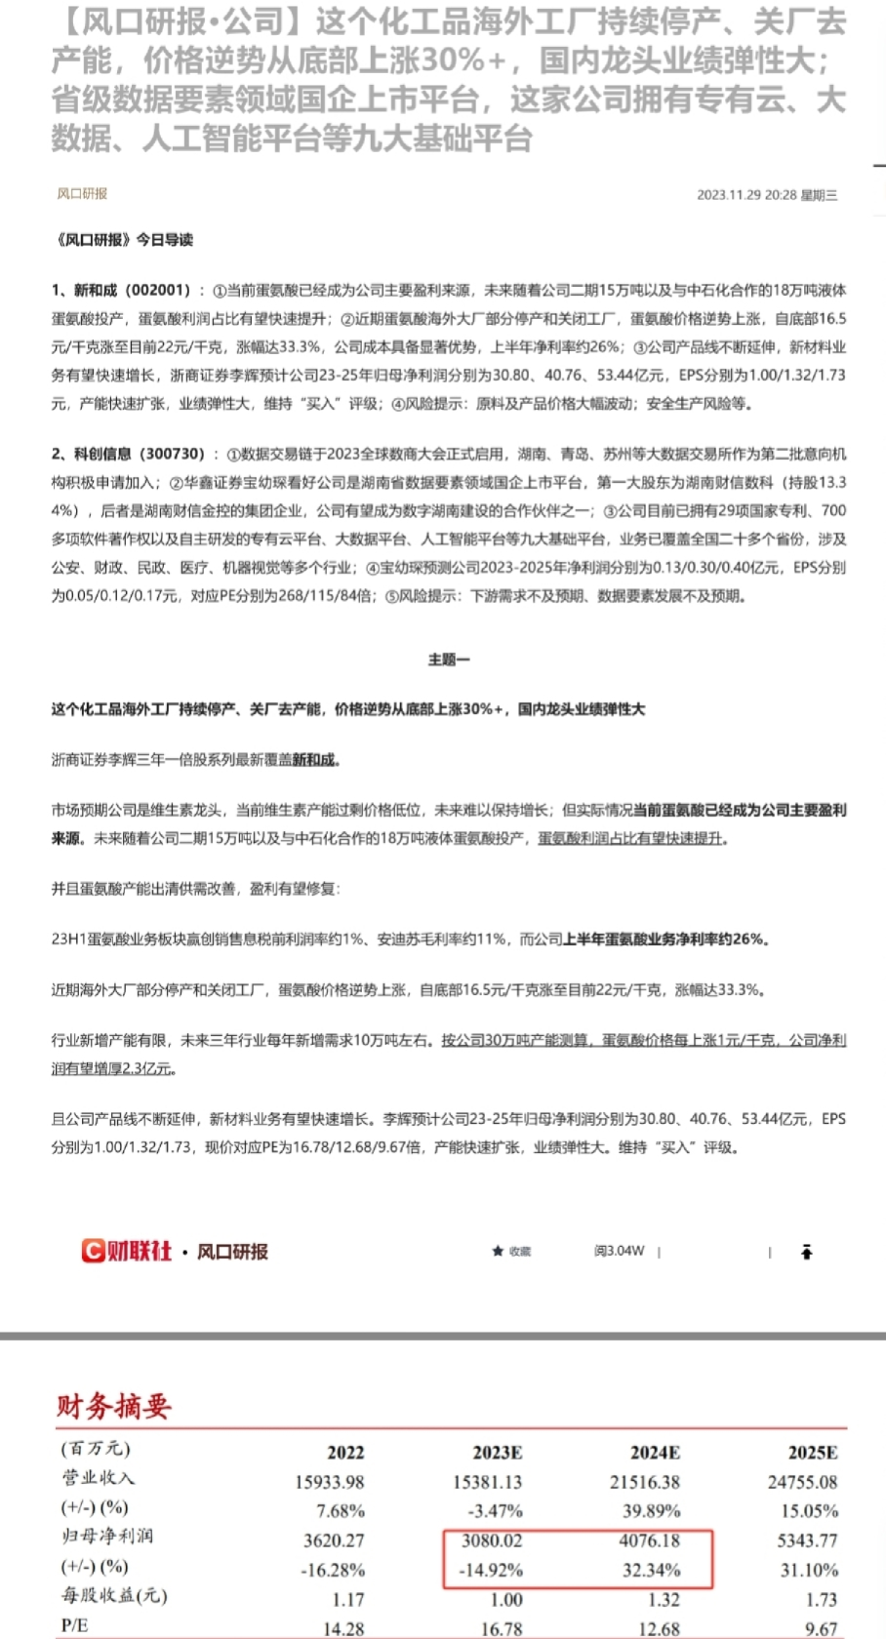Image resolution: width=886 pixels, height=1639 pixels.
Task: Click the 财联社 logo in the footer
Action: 127,1251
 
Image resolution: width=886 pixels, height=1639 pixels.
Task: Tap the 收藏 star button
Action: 511,1252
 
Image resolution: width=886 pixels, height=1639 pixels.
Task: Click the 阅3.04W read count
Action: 620,1251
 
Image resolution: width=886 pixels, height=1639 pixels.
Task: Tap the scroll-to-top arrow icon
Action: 806,1252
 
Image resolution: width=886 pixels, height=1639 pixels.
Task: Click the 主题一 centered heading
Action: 448,660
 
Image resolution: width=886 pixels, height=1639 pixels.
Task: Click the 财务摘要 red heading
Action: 113,1406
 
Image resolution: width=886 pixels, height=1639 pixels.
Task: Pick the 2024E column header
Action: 655,1453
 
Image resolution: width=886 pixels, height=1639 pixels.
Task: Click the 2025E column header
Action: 812,1453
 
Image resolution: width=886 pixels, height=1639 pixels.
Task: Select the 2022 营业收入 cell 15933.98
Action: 329,1482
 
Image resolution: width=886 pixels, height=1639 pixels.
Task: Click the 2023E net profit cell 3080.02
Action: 492,1540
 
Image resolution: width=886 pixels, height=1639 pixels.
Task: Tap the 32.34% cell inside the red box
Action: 649,1570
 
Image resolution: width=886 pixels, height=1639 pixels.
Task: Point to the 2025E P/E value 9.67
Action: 821,1628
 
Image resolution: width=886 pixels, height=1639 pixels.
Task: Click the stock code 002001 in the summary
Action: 158,290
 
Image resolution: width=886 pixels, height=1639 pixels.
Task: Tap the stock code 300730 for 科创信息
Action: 173,454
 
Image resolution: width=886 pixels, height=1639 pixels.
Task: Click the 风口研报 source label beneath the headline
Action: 82,194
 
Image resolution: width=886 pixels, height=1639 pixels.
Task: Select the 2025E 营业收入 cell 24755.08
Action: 802,1482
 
